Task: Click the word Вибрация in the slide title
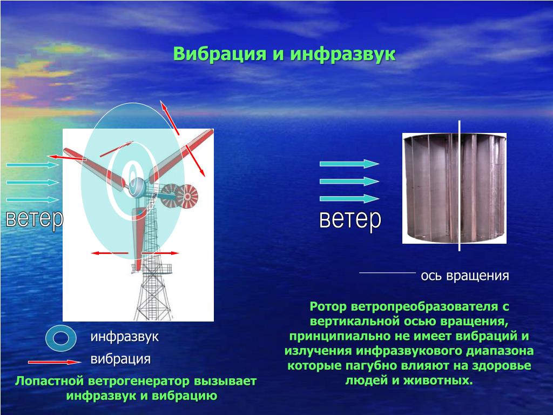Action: coord(219,55)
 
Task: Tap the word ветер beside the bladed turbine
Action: coord(35,219)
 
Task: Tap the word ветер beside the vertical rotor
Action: coord(350,220)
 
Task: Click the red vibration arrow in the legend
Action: coord(55,362)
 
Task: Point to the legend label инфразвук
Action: coord(125,337)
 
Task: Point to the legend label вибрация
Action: coord(120,359)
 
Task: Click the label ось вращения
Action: coord(465,276)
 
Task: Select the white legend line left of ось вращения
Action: coord(387,273)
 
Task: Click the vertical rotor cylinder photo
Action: coord(454,188)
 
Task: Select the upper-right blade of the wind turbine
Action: coord(181,155)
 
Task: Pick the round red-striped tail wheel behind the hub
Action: coord(187,196)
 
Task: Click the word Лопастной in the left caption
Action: coord(50,381)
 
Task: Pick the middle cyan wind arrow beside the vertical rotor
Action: coord(349,182)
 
